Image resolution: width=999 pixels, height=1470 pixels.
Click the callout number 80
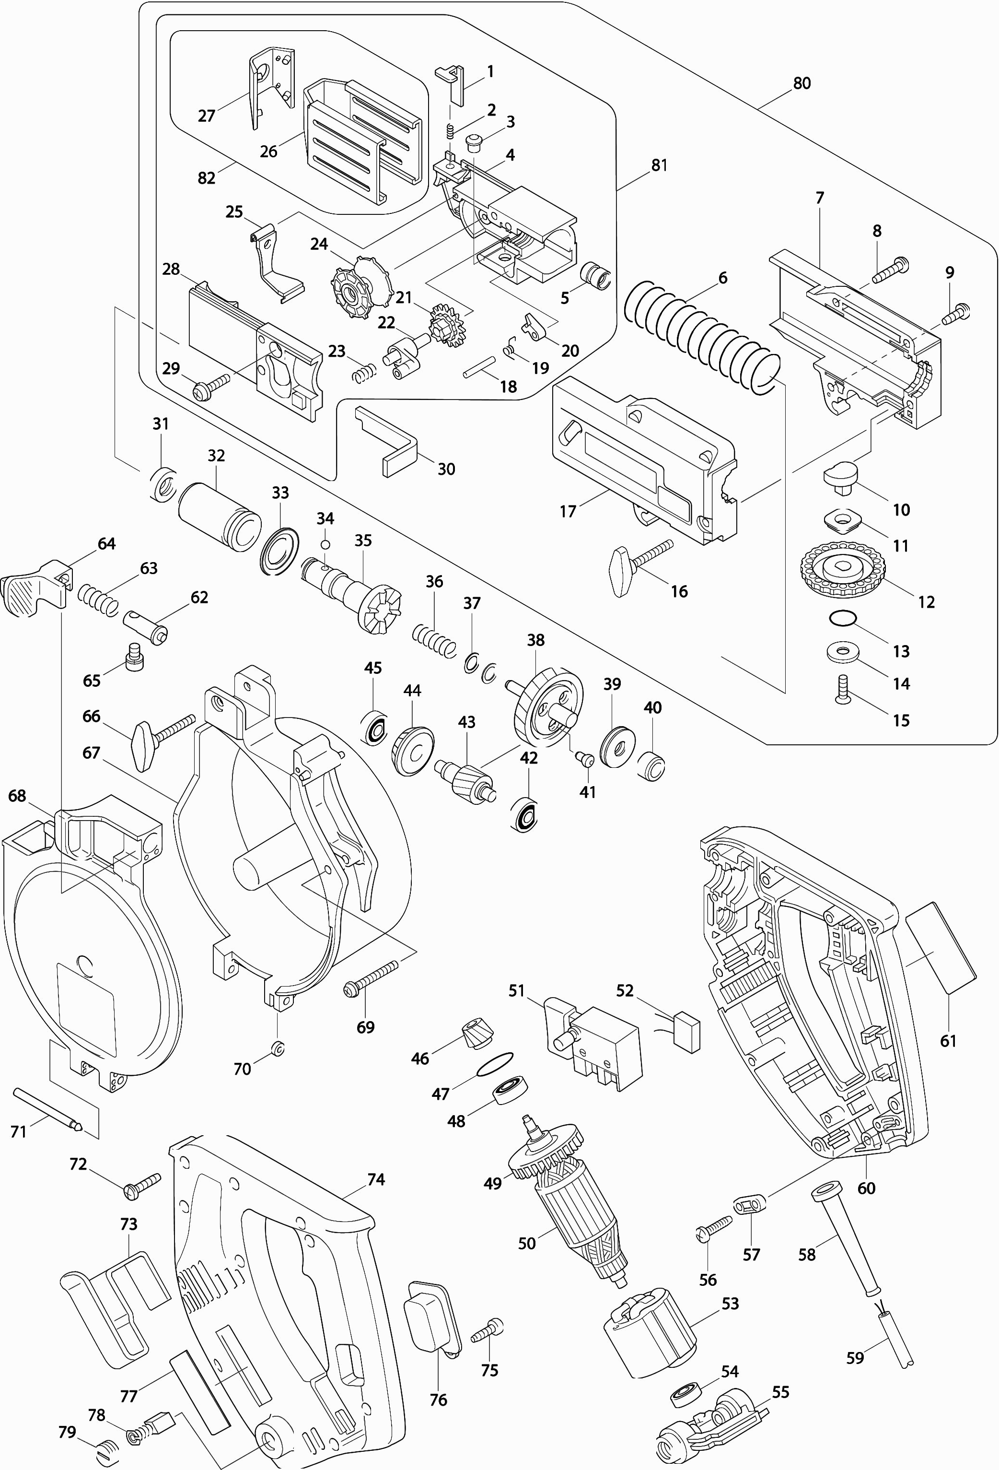[x=801, y=83]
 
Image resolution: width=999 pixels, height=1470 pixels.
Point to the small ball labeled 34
[x=325, y=545]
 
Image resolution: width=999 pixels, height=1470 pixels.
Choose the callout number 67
[x=91, y=752]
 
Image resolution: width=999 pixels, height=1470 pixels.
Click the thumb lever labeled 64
[x=35, y=588]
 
